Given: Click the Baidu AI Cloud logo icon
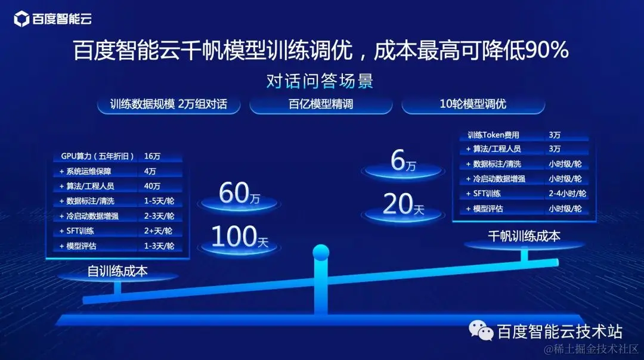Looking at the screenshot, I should [x=22, y=20].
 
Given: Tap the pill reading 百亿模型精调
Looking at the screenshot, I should [x=321, y=104].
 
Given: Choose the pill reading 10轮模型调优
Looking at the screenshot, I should [x=473, y=104].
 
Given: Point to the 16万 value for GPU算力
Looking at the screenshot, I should [x=153, y=156].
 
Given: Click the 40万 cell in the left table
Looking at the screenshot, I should [x=153, y=186].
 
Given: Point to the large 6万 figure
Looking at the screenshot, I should [x=403, y=162].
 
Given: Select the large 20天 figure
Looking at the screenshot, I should [x=403, y=205].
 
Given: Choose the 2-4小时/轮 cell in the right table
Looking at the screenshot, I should [x=567, y=194].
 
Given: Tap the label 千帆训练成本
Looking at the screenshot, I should [x=524, y=236].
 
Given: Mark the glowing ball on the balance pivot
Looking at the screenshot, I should [x=321, y=253].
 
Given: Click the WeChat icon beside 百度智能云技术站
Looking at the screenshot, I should [x=481, y=330].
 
